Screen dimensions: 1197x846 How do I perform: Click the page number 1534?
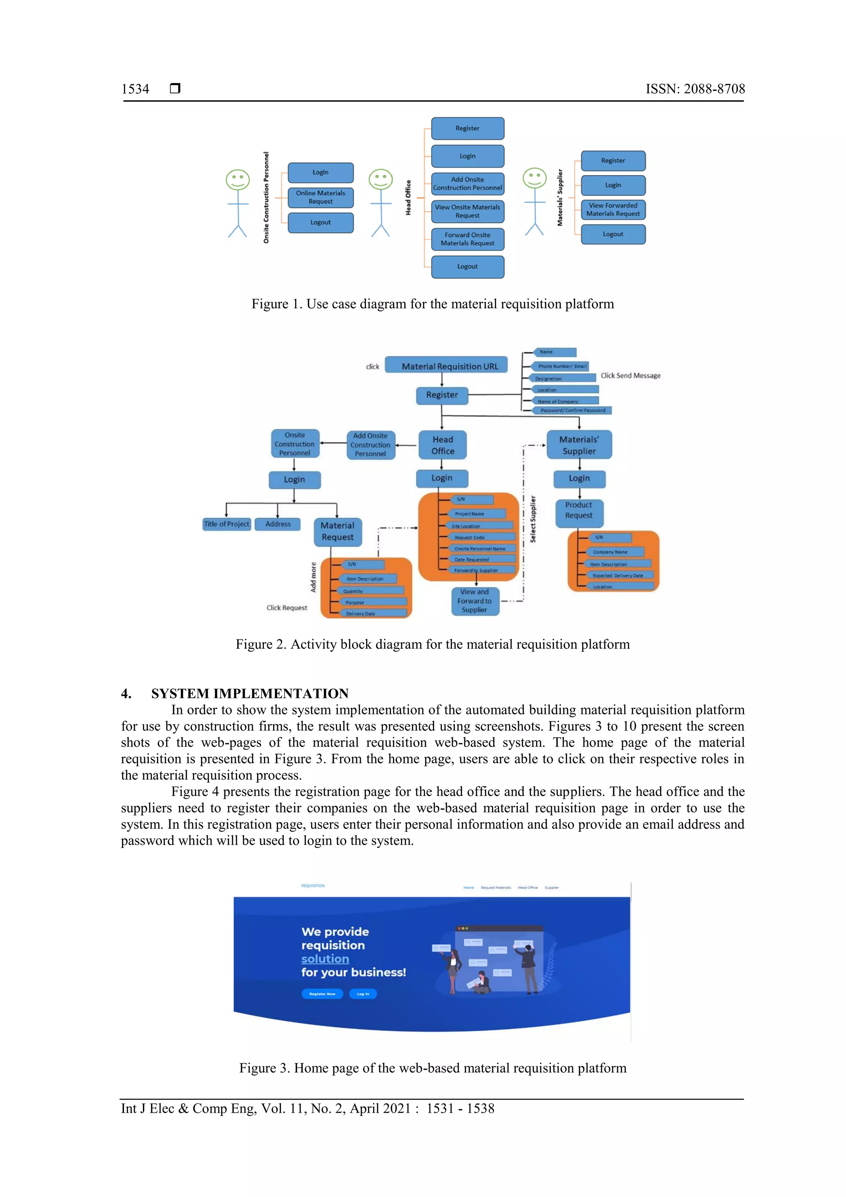pyautogui.click(x=135, y=89)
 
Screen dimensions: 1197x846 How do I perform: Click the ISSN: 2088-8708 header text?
pyautogui.click(x=695, y=89)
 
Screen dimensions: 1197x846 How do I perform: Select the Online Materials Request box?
pyautogui.click(x=321, y=198)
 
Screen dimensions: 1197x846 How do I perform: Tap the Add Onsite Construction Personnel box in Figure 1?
pyautogui.click(x=468, y=183)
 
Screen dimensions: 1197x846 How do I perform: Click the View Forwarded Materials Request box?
pyautogui.click(x=613, y=209)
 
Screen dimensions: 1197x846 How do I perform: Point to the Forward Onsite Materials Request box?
pyautogui.click(x=468, y=239)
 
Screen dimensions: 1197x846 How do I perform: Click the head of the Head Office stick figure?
pyautogui.click(x=380, y=179)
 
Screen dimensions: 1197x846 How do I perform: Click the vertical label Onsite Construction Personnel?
pyautogui.click(x=266, y=198)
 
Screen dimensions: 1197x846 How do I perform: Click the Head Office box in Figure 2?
pyautogui.click(x=442, y=445)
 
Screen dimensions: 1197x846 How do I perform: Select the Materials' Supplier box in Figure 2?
pyautogui.click(x=579, y=445)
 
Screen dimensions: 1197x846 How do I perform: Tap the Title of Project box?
pyautogui.click(x=226, y=524)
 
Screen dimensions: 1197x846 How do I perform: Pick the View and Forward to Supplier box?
pyautogui.click(x=475, y=601)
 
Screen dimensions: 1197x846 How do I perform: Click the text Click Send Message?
pyautogui.click(x=630, y=375)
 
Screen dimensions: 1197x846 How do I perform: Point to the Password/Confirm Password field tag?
pyautogui.click(x=573, y=411)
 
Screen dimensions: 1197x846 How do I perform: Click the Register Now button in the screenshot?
pyautogui.click(x=322, y=994)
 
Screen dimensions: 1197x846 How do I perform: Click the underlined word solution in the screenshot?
pyautogui.click(x=325, y=959)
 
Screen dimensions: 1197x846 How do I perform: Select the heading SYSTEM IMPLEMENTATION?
pyautogui.click(x=250, y=693)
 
